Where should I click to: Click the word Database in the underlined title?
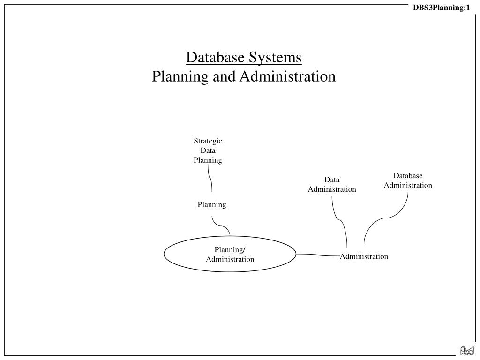(x=215, y=57)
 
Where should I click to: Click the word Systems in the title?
(x=275, y=58)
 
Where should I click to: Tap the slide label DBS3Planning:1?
(x=441, y=7)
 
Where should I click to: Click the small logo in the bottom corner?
(x=467, y=351)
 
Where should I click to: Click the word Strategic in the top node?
(x=208, y=141)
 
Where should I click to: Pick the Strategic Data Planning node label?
(x=208, y=150)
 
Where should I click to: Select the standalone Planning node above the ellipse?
(x=212, y=204)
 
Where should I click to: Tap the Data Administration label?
(x=332, y=184)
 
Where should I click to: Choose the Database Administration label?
(x=408, y=180)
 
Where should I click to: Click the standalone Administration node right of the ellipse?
(x=364, y=256)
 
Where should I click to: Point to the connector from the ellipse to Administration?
(x=318, y=255)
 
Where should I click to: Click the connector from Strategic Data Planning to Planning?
(x=210, y=179)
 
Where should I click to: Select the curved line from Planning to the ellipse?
(x=221, y=226)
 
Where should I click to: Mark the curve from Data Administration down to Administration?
(x=340, y=220)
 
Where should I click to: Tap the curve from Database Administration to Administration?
(x=385, y=218)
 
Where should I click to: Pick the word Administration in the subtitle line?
(x=288, y=76)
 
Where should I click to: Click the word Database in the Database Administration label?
(x=408, y=176)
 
